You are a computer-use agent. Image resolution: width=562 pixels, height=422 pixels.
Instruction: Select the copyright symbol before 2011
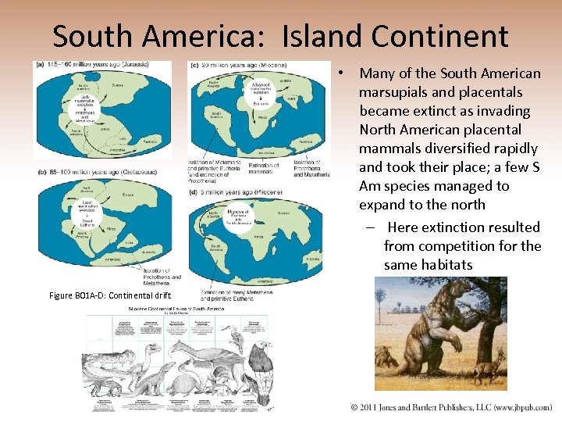[x=355, y=407]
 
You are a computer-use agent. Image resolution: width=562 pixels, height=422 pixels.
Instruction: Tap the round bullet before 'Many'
[x=342, y=73]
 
